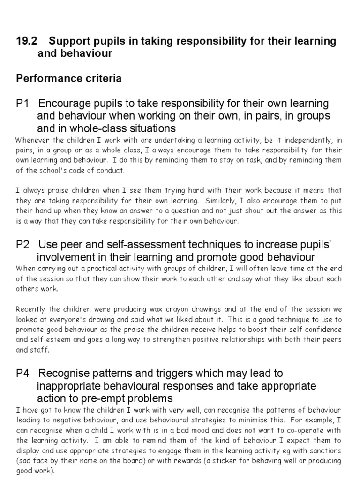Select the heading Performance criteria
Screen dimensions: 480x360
69,79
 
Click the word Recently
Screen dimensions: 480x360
31,310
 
